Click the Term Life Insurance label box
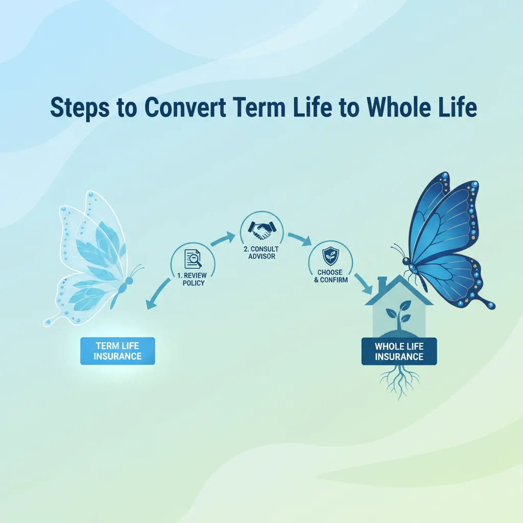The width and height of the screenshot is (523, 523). (117, 351)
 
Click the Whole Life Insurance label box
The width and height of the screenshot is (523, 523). (399, 351)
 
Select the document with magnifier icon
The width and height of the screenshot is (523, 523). (193, 258)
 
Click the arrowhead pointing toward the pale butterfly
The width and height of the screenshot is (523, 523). (150, 305)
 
